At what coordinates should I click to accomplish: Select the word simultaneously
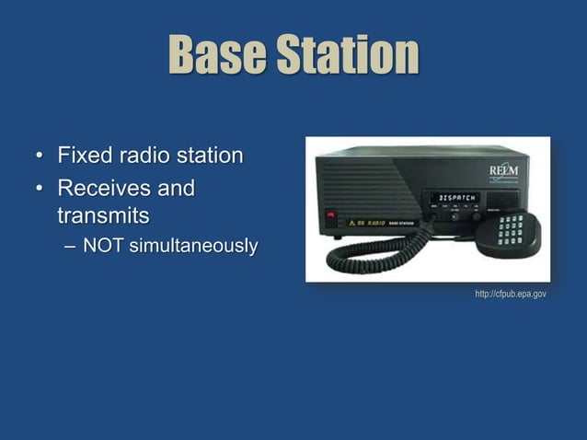(191, 247)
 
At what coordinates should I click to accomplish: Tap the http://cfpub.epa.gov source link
(511, 294)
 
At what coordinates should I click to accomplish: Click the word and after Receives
(174, 189)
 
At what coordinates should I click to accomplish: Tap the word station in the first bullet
(210, 154)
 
